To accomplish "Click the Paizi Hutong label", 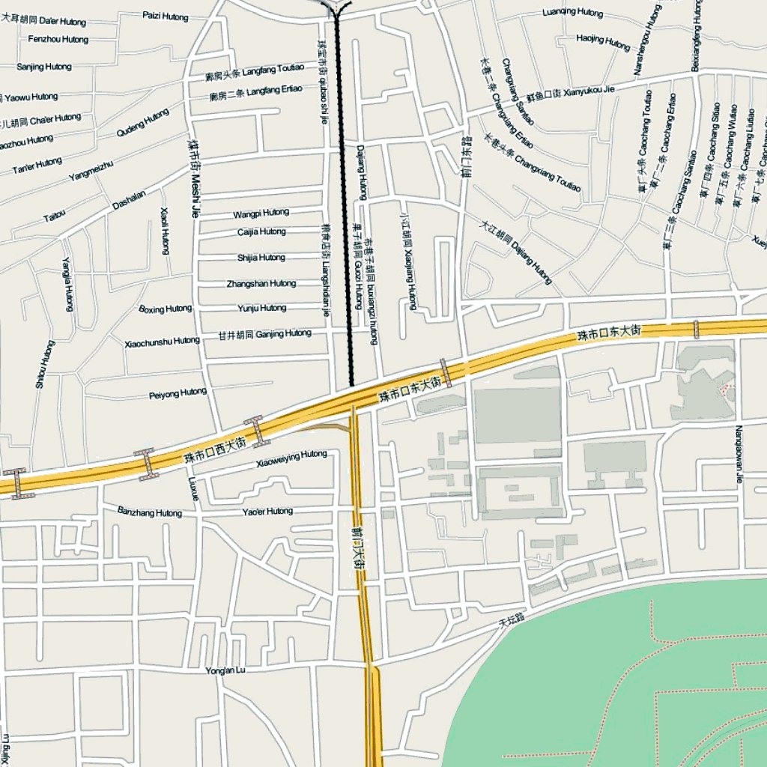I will tap(166, 14).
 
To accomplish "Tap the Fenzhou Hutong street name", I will tap(58, 39).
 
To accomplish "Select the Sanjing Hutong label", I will tap(44, 67).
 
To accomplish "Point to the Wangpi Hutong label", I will tap(261, 213).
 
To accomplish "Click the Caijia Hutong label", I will tap(261, 232).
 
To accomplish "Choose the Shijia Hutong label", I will tap(261, 258).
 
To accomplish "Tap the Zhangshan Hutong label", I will tap(261, 284).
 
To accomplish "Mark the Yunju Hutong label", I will tap(261, 308).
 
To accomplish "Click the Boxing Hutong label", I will tap(166, 309).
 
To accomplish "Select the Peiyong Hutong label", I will tap(178, 392).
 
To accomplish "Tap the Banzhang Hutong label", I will tap(150, 512).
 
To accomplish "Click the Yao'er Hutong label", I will tap(268, 512).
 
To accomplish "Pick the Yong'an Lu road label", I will tap(225, 670).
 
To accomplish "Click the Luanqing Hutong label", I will tap(572, 13).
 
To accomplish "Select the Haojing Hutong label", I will tap(603, 42).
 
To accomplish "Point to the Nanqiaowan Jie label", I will tap(739, 455).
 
